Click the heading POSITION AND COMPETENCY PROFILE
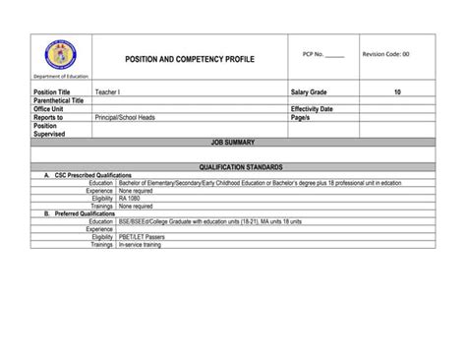pos(190,60)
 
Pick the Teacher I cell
pos(108,91)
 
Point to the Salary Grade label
pos(312,91)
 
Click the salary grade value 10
pos(396,91)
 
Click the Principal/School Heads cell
pos(125,117)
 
